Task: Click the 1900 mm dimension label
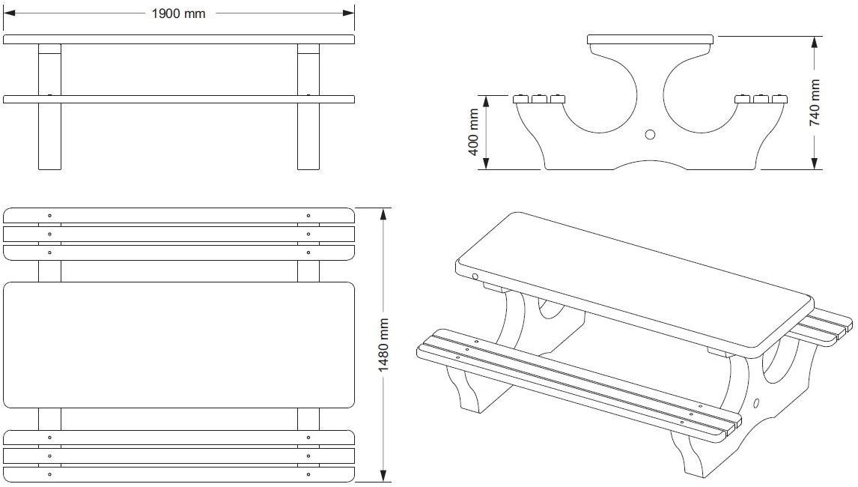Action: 178,13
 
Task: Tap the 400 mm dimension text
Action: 473,132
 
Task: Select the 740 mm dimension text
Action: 815,102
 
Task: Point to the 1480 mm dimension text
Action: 383,345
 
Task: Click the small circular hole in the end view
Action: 650,135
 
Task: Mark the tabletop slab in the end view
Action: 649,39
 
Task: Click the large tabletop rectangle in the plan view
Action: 178,345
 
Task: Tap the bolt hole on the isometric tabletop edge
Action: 475,277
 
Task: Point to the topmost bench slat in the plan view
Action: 178,215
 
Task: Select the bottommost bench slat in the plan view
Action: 178,474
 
